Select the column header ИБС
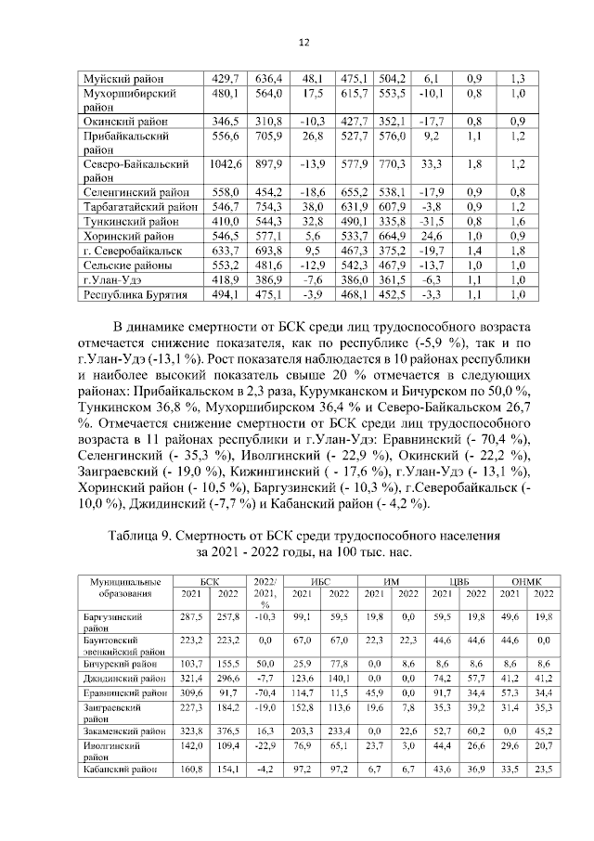coord(319,581)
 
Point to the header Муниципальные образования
coord(119,588)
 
